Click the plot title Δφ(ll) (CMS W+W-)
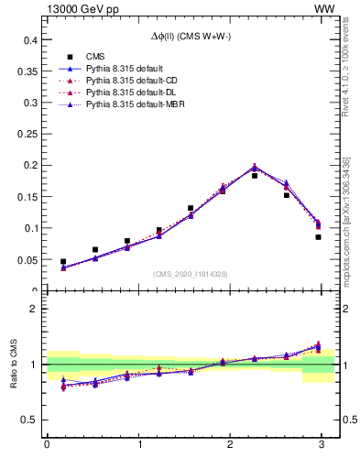[x=191, y=38]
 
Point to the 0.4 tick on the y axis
[x=28, y=40]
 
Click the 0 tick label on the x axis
[x=47, y=444]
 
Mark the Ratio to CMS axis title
[x=16, y=365]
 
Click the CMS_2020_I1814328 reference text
[x=191, y=274]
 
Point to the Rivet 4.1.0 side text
[x=346, y=91]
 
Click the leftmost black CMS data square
[x=63, y=262]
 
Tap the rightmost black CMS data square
[x=318, y=237]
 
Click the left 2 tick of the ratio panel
[x=32, y=309]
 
